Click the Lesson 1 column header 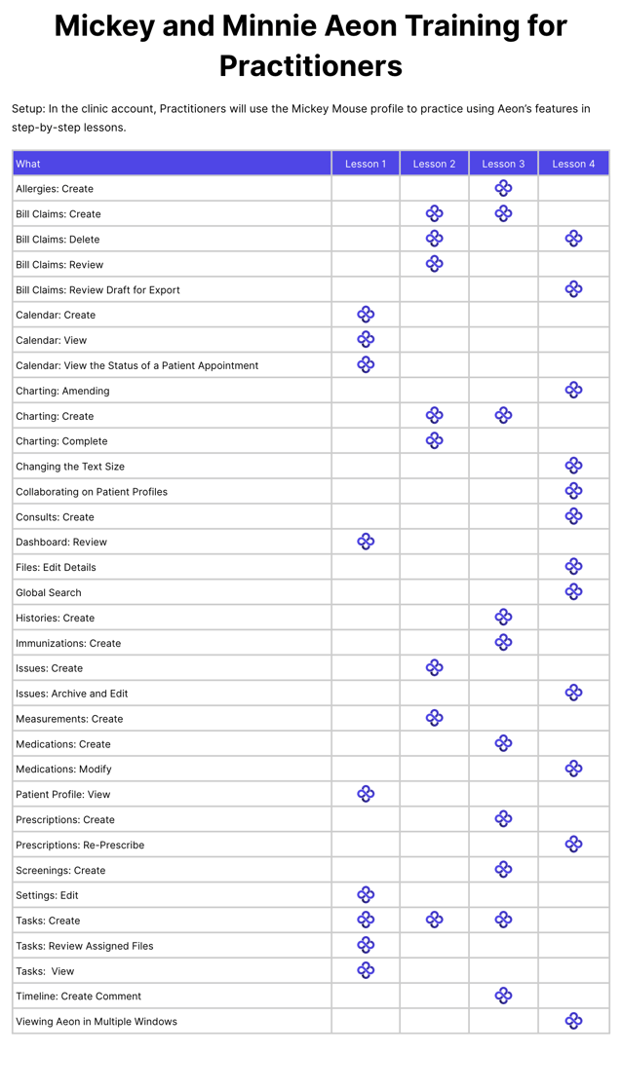click(366, 164)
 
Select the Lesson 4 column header click(573, 164)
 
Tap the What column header click(28, 164)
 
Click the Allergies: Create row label click(55, 189)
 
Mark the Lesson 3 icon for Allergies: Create click(503, 188)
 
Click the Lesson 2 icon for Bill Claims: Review click(435, 264)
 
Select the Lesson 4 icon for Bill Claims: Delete click(573, 239)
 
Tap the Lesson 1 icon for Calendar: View click(366, 340)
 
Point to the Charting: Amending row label click(62, 391)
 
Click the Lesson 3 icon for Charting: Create click(503, 416)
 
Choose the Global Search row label click(49, 592)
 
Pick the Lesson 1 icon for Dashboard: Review click(366, 542)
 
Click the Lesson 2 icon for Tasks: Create click(435, 920)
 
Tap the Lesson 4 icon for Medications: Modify click(573, 769)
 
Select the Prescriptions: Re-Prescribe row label click(80, 845)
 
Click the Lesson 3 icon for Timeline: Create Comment click(503, 996)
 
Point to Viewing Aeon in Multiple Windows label click(97, 1021)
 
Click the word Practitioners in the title click(310, 66)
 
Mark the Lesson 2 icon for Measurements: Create click(435, 718)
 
